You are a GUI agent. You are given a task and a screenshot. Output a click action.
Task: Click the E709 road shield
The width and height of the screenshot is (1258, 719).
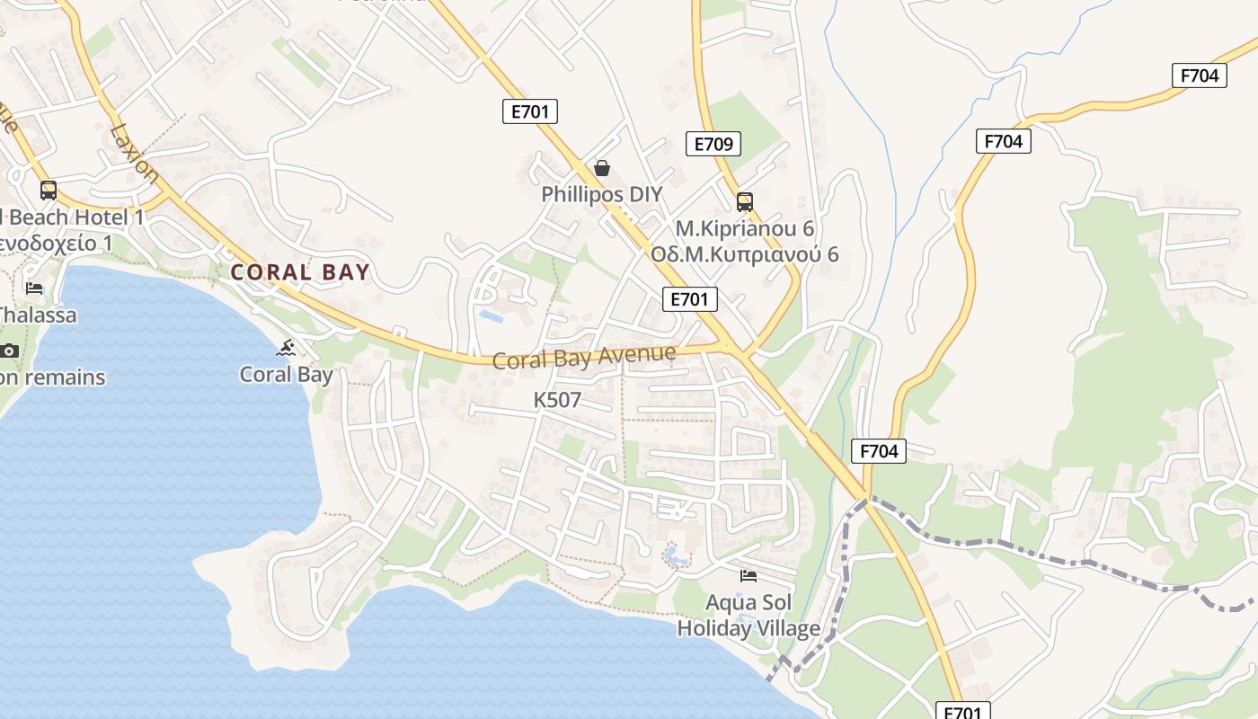(714, 143)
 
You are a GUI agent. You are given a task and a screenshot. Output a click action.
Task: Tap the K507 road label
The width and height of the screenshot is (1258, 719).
(557, 400)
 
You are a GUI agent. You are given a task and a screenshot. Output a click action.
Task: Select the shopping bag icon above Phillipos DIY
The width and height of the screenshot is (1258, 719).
(602, 168)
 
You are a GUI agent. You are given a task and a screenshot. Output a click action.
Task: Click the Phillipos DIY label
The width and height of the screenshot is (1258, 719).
(601, 194)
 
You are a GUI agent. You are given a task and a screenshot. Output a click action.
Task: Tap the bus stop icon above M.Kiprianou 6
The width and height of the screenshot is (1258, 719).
(744, 201)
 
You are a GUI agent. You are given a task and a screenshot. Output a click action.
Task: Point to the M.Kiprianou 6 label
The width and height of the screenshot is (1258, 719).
(745, 227)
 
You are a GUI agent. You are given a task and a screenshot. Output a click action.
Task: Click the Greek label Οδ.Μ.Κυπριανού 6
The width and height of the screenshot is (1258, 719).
(745, 254)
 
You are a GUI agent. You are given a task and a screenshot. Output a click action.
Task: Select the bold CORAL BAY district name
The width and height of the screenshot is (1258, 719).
(300, 272)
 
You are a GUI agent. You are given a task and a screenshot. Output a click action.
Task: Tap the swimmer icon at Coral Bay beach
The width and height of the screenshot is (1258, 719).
(287, 348)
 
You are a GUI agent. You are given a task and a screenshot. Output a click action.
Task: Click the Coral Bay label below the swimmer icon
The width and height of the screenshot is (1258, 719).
(286, 375)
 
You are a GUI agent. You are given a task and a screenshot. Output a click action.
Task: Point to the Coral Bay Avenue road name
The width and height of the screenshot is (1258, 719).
(584, 357)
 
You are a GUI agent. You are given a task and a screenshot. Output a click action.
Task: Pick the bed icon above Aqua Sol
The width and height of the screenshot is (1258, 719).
(749, 575)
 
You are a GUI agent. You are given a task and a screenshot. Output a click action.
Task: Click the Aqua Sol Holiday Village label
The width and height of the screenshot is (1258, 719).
(749, 616)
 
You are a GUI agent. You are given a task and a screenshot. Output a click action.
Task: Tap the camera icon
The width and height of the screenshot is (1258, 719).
(10, 351)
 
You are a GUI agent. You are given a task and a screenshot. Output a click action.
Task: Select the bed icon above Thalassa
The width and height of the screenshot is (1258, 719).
(34, 288)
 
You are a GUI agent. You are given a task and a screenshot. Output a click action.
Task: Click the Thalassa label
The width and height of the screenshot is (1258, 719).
(37, 315)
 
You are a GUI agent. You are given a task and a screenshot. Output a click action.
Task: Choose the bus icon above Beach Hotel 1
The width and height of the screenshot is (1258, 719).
(49, 191)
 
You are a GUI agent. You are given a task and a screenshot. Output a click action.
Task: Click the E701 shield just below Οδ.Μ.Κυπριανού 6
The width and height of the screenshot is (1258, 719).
(690, 299)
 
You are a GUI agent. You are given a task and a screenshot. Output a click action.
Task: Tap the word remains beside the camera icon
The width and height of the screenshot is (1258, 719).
(64, 377)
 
